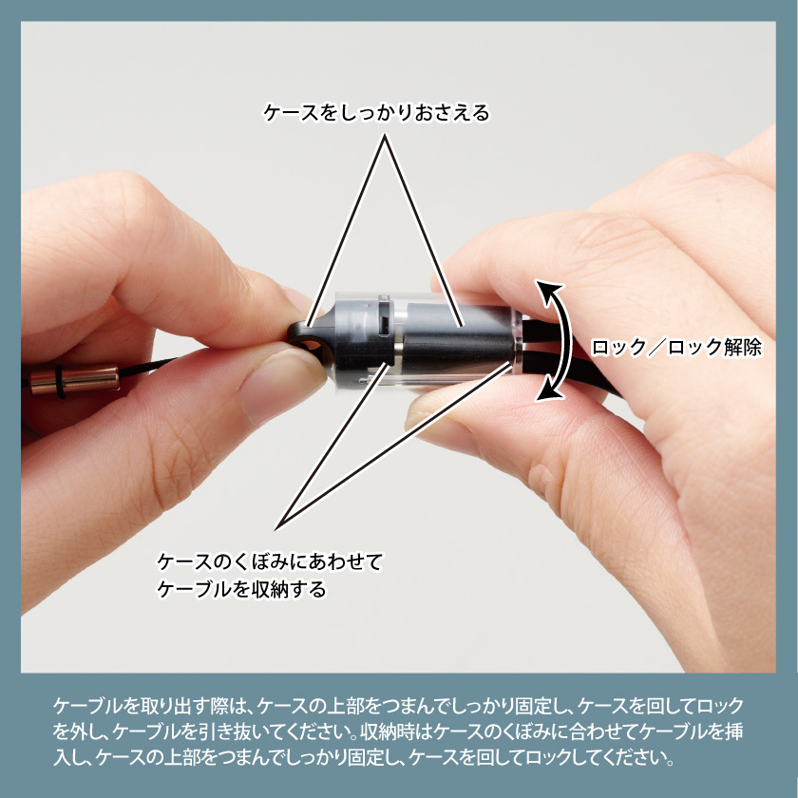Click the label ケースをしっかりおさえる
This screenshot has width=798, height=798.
376,113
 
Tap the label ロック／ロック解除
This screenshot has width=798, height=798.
676,348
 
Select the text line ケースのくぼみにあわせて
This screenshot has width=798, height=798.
269,561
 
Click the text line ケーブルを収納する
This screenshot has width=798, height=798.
241,589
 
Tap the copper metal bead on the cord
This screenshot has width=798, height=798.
74,380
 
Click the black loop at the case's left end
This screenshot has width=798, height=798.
304,338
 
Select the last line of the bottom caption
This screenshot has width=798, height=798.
364,757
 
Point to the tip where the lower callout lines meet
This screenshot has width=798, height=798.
276,529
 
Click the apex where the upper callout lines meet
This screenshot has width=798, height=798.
384,135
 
